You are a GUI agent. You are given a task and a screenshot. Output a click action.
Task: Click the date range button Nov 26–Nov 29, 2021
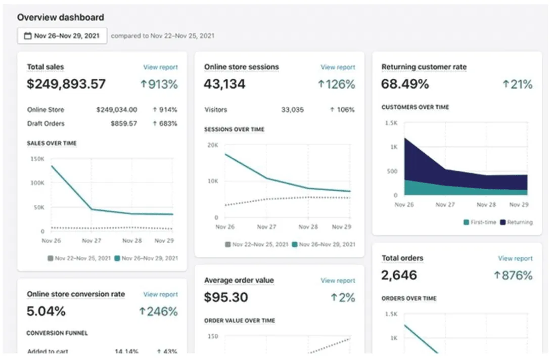tap(62, 36)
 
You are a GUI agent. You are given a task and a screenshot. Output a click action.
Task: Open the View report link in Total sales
tap(160, 67)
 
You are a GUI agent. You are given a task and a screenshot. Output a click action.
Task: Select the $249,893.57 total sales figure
tap(66, 84)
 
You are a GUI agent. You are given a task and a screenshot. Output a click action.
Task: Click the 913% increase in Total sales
tap(159, 84)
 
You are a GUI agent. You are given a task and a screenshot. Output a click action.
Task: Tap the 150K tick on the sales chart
tap(37, 159)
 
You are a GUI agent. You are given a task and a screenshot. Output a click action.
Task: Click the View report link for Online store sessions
tap(338, 67)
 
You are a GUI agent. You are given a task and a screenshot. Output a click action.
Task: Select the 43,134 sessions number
tap(224, 84)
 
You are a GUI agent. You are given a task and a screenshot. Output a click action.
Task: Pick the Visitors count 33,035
tap(292, 110)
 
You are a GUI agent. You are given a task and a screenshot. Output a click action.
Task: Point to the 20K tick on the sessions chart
tap(212, 145)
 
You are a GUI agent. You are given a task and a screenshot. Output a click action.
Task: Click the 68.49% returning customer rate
tap(405, 84)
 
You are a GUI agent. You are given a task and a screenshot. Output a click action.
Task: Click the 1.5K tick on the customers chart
tap(391, 123)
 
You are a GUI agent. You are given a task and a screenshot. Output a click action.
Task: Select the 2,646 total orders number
tap(399, 275)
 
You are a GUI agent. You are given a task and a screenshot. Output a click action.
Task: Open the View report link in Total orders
tap(515, 258)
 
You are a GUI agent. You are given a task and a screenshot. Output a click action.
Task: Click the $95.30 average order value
tap(226, 297)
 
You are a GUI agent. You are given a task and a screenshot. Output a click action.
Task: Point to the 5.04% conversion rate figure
tap(46, 311)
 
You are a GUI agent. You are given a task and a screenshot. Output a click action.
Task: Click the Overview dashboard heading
tap(61, 17)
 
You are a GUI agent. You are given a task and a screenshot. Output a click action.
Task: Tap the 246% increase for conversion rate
tap(158, 311)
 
